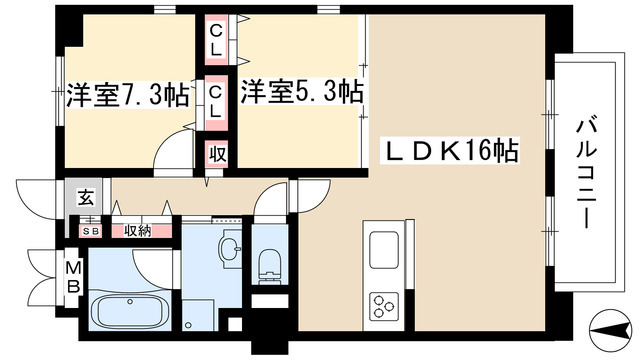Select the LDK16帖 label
point(452,152)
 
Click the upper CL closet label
point(216,41)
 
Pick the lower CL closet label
point(216,101)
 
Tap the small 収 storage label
point(216,155)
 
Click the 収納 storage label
point(137,230)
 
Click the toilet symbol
point(268,263)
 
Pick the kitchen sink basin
point(384,249)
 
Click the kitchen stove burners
point(384,304)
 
